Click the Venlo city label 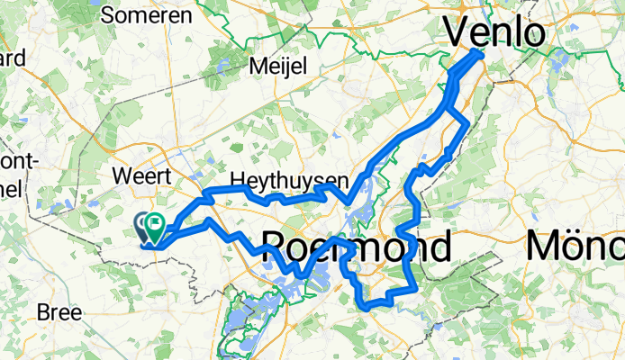tap(495, 33)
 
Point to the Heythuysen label tap(289, 180)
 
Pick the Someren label tap(147, 15)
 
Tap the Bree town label tap(59, 313)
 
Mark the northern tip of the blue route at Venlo tap(481, 53)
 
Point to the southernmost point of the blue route tap(367, 308)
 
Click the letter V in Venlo tap(457, 34)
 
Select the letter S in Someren tap(108, 15)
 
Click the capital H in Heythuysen tap(238, 180)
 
